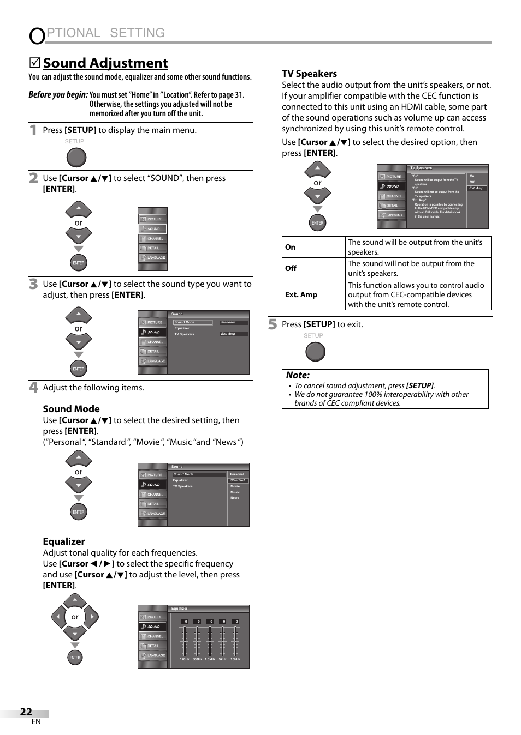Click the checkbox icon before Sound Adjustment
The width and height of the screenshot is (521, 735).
34,63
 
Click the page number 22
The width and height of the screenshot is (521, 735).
26,712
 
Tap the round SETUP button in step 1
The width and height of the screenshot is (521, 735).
76,158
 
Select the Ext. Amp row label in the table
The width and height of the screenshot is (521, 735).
301,294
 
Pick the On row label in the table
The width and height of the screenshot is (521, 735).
290,247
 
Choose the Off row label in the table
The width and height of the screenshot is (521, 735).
291,268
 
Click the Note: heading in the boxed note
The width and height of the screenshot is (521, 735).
298,375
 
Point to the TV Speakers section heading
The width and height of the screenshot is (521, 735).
309,74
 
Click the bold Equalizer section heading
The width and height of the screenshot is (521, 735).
64,541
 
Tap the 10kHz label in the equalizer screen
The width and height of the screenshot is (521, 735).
235,659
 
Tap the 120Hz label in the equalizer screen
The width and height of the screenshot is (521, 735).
185,659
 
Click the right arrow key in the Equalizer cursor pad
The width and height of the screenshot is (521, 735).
92,617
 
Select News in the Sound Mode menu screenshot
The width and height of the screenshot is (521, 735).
234,498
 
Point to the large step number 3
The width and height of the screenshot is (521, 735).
33,284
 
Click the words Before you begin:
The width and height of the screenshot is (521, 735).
58,94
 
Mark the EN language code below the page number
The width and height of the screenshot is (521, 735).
36,722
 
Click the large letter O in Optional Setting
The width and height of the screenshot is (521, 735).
37,36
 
